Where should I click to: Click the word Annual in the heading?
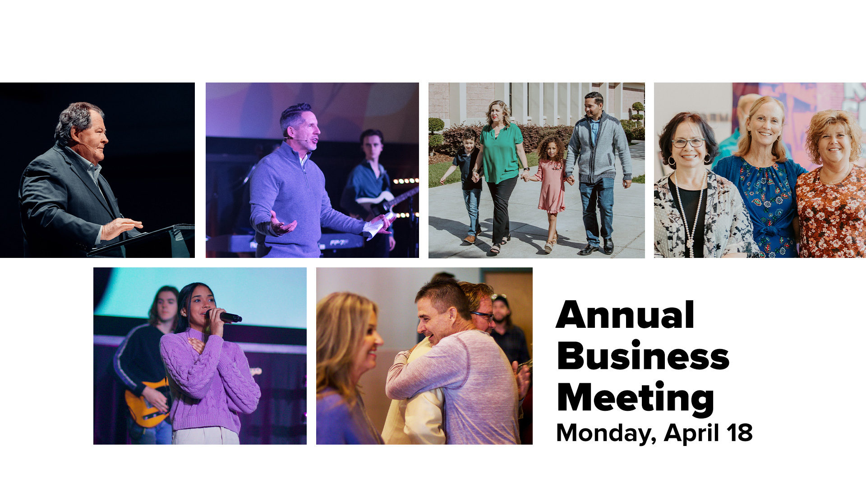click(625, 315)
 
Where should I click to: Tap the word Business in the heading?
click(643, 356)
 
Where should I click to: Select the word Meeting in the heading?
click(636, 398)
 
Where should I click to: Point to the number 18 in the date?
click(739, 432)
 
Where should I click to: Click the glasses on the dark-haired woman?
click(688, 143)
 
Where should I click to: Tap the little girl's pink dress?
click(551, 185)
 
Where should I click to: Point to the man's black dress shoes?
click(596, 248)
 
